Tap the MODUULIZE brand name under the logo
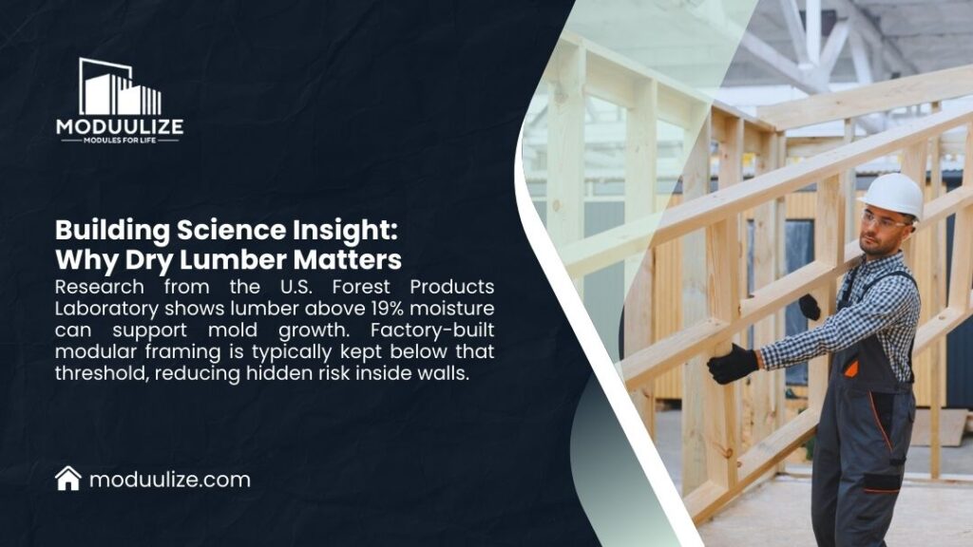[x=120, y=126]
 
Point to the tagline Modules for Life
[x=120, y=141]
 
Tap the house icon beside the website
[x=68, y=479]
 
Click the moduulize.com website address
[x=170, y=480]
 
